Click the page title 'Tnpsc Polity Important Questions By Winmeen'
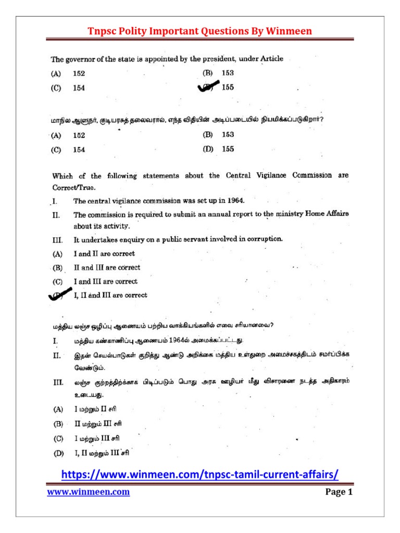pyautogui.click(x=199, y=31)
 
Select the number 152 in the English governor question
pyautogui.click(x=79, y=74)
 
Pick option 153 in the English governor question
pyautogui.click(x=228, y=73)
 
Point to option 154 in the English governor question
pyautogui.click(x=79, y=88)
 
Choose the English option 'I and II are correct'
pyautogui.click(x=104, y=254)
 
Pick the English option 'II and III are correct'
pyautogui.click(x=107, y=268)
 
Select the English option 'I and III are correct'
pyautogui.click(x=105, y=282)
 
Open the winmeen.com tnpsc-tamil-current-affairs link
pyautogui.click(x=200, y=475)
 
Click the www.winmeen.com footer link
pyautogui.click(x=89, y=492)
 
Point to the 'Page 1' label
pyautogui.click(x=340, y=492)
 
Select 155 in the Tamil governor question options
pyautogui.click(x=228, y=149)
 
